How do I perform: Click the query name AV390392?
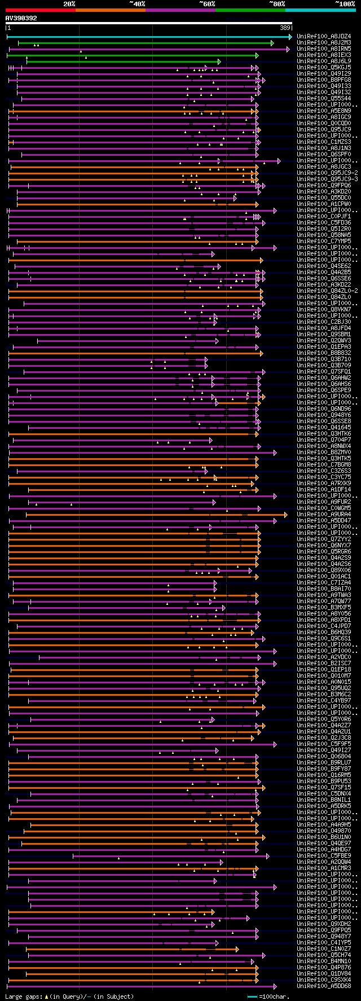click(x=21, y=18)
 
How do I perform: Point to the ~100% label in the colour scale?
click(x=345, y=3)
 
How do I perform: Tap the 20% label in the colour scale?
click(x=69, y=3)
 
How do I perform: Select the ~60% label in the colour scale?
click(x=207, y=3)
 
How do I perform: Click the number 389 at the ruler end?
click(x=285, y=28)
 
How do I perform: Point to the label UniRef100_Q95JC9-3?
click(x=327, y=179)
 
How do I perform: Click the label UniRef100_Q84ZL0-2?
click(x=327, y=291)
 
